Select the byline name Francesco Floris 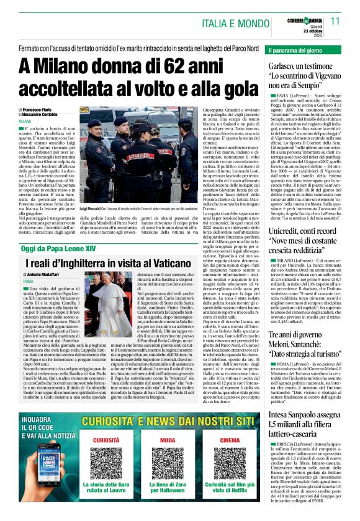(x=40, y=109)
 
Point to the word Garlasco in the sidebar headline (x=286, y=66)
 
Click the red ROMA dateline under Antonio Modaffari (x=28, y=281)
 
